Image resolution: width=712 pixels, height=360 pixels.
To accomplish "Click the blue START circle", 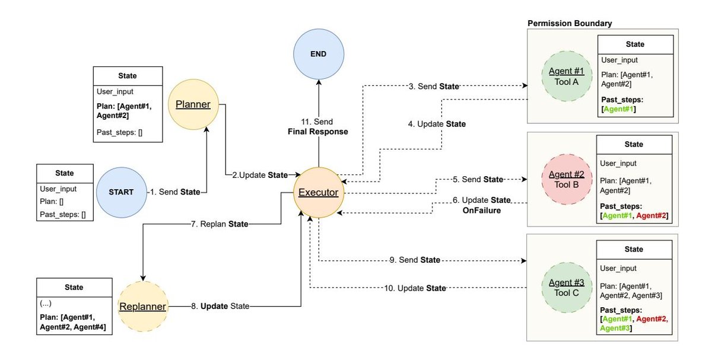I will [x=121, y=192].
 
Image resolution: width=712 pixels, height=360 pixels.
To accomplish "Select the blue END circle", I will [x=319, y=54].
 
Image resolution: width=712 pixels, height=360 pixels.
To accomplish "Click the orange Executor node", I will [x=318, y=193].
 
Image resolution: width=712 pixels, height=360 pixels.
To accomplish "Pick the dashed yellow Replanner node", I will [x=142, y=306].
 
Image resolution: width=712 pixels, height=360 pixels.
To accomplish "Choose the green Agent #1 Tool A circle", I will [x=567, y=77].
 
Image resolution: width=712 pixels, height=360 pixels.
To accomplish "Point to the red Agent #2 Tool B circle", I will [x=567, y=179].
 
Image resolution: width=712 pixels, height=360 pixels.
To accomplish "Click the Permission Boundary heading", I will [x=570, y=23].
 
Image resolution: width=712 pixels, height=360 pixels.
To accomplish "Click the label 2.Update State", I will [x=259, y=175].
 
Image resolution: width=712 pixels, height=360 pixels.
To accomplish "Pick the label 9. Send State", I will [x=415, y=260].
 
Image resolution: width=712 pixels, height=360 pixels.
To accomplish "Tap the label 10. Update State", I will [x=414, y=288].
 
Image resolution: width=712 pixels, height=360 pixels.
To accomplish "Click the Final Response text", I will [x=319, y=132].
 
